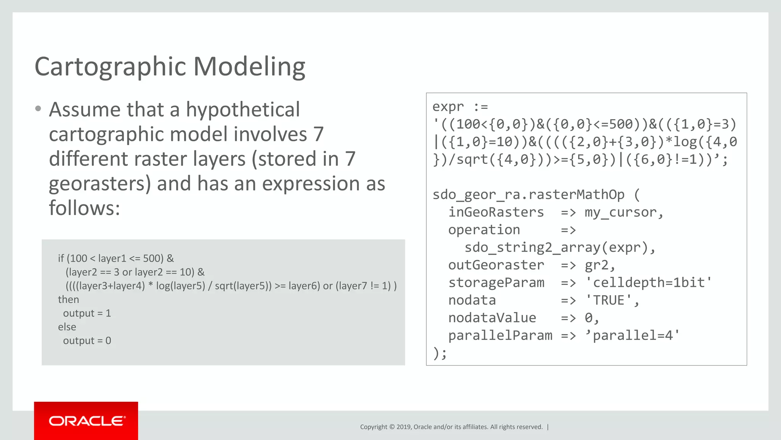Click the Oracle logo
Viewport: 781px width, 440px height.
pos(87,421)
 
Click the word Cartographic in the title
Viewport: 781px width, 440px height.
pos(110,67)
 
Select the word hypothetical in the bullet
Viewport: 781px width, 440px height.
pos(243,110)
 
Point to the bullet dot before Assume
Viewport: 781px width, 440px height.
pos(38,109)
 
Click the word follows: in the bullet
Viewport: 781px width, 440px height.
pos(84,209)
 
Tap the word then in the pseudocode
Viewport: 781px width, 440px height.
pos(68,299)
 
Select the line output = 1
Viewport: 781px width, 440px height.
pos(87,313)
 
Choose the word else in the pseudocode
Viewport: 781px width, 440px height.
pos(67,327)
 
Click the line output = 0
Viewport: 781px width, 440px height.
pos(87,341)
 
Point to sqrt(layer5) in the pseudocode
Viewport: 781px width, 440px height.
pos(243,286)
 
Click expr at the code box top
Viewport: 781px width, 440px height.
pos(448,107)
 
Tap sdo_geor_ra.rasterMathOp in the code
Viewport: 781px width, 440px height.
pos(528,195)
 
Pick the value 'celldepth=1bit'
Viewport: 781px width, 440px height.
pos(648,283)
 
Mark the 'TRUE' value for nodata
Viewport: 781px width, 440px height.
pos(609,300)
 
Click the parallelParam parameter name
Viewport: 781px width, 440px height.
pos(500,335)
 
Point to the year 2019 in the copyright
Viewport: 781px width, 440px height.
pos(404,427)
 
